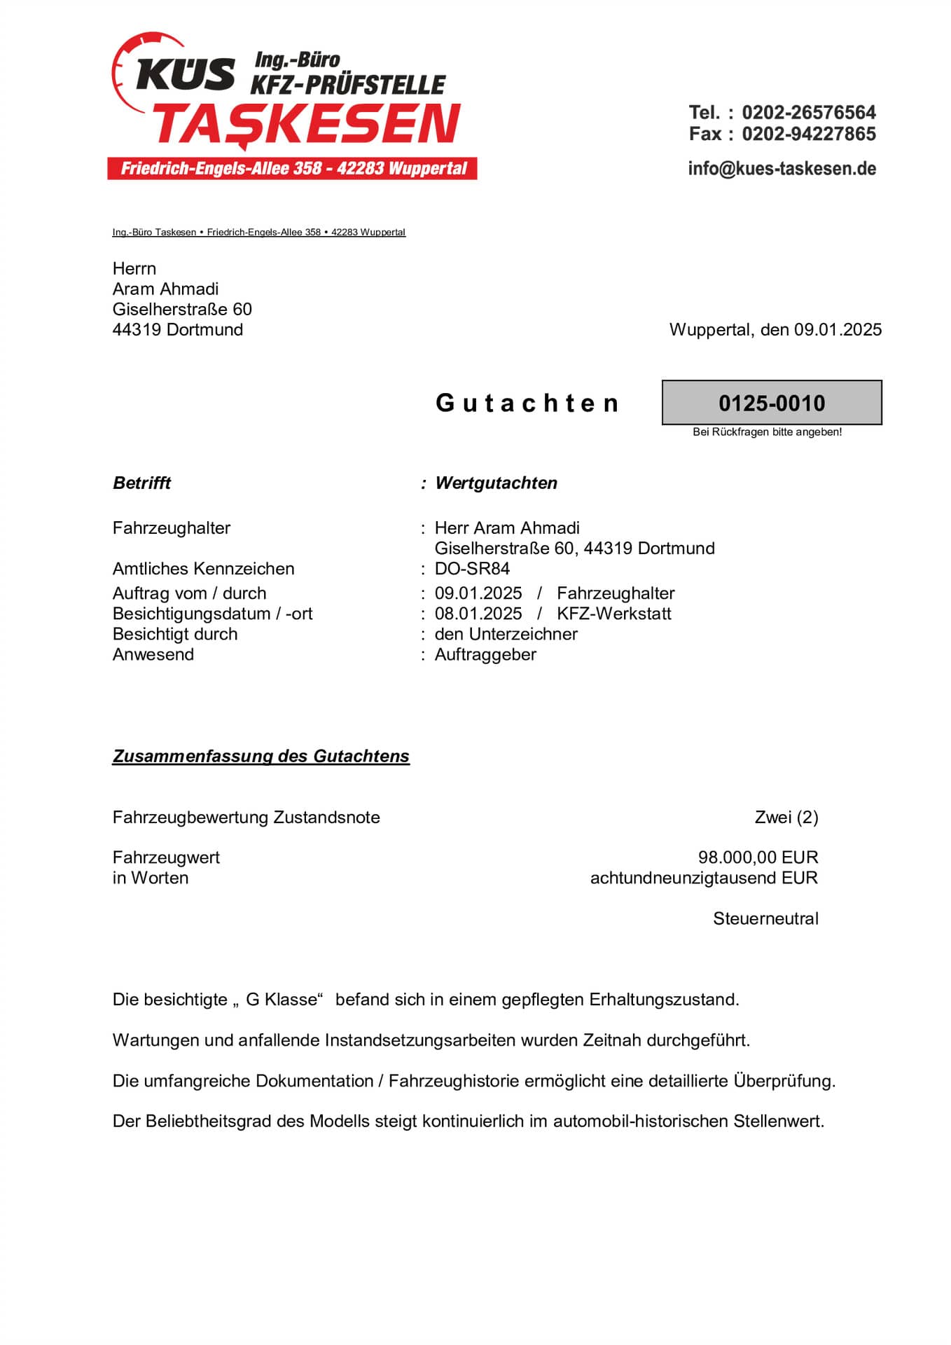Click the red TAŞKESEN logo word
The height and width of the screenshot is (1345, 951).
pyautogui.click(x=307, y=125)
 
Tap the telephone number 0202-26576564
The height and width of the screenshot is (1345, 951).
pyautogui.click(x=809, y=112)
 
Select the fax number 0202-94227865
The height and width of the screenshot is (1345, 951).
pyautogui.click(x=809, y=134)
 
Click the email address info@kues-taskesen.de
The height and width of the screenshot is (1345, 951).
pyautogui.click(x=782, y=168)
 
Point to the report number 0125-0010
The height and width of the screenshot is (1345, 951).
pyautogui.click(x=772, y=403)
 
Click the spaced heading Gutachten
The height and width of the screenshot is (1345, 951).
pyautogui.click(x=527, y=403)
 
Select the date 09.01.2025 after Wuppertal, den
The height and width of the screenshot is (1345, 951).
pyautogui.click(x=838, y=329)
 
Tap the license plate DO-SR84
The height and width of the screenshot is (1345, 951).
pyautogui.click(x=472, y=568)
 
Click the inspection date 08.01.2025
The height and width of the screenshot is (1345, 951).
pyautogui.click(x=478, y=613)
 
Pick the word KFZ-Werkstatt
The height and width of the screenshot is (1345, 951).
pyautogui.click(x=613, y=613)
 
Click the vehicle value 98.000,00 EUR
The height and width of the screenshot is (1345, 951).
pyautogui.click(x=758, y=857)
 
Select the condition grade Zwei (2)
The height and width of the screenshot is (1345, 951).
pyautogui.click(x=786, y=817)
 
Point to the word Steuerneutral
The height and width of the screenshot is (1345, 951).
pyautogui.click(x=765, y=918)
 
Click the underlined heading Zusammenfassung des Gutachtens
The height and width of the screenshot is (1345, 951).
pyautogui.click(x=261, y=756)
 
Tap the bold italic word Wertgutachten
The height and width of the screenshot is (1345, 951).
pyautogui.click(x=496, y=483)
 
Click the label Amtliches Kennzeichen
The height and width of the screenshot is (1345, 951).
pyautogui.click(x=203, y=568)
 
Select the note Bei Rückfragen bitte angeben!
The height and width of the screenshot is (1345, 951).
pyautogui.click(x=767, y=432)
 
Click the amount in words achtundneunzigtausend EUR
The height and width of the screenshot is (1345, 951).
pyautogui.click(x=704, y=878)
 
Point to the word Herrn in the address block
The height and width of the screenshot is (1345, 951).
pyautogui.click(x=134, y=268)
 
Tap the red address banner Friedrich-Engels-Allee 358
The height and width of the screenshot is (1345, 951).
pyautogui.click(x=293, y=169)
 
